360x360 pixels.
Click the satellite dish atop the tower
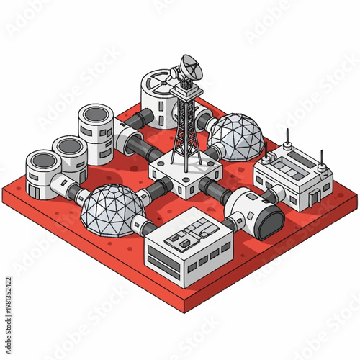pyautogui.click(x=191, y=68)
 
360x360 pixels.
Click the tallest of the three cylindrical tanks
pyautogui.click(x=96, y=130)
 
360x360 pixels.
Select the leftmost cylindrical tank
pyautogui.click(x=43, y=173)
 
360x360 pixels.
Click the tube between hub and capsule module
pyautogui.click(x=215, y=189)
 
